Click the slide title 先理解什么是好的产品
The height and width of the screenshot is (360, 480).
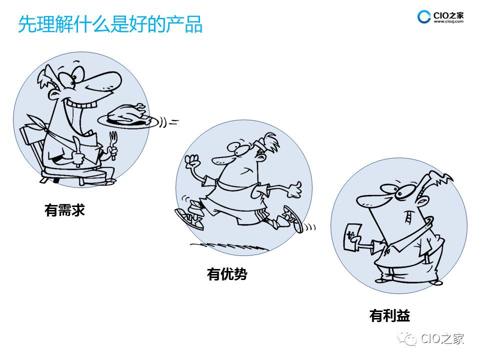(x=110, y=24)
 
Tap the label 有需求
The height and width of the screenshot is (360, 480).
(x=64, y=210)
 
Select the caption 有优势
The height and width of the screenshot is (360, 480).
(x=227, y=274)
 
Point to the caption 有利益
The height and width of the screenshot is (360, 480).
(x=389, y=315)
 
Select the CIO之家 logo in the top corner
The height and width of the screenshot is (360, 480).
(x=440, y=16)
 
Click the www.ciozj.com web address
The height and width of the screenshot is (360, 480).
(x=448, y=21)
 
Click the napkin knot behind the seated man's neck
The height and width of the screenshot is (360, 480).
(x=42, y=124)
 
